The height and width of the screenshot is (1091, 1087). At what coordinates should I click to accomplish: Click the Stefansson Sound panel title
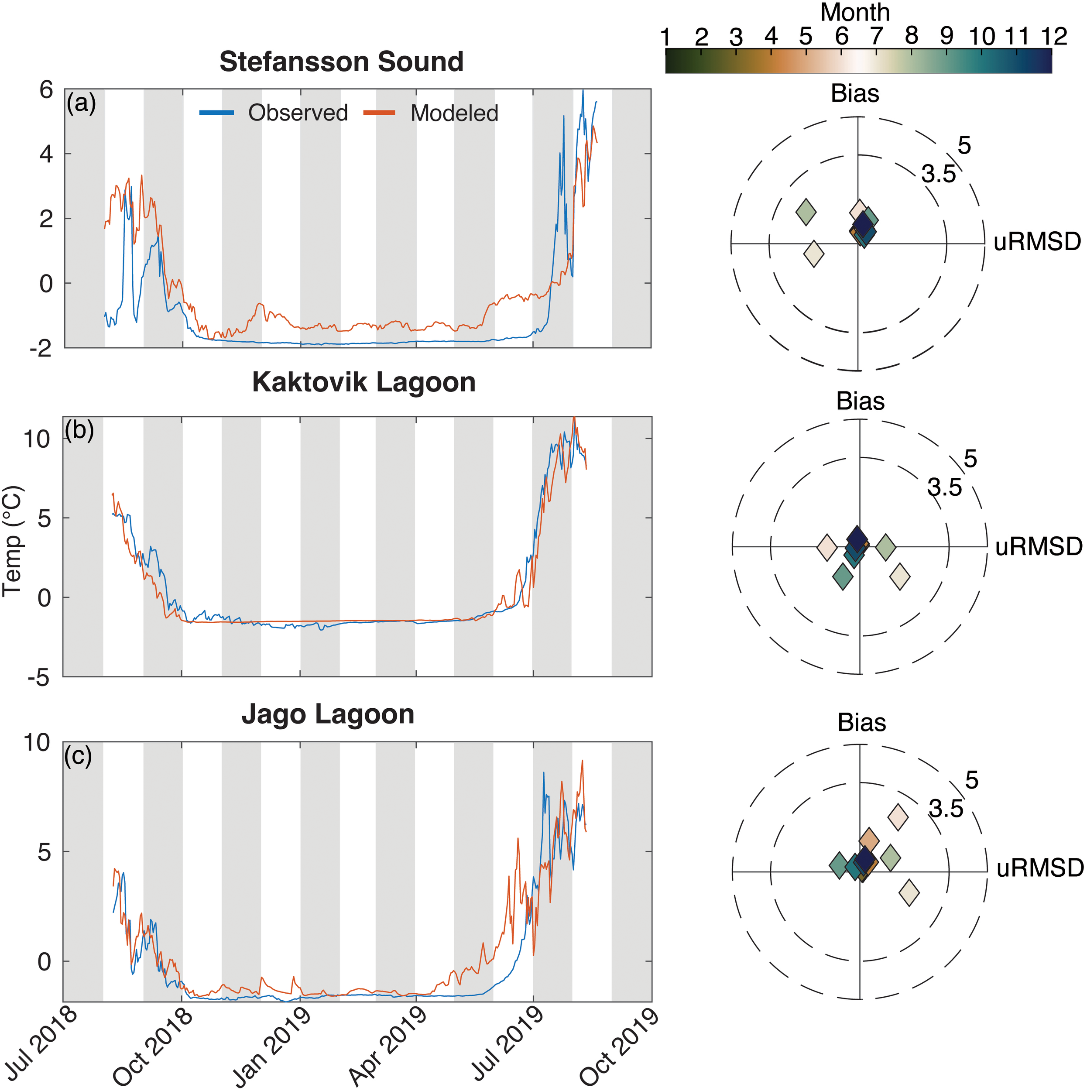(341, 62)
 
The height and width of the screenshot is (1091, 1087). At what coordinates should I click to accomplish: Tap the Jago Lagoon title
(328, 714)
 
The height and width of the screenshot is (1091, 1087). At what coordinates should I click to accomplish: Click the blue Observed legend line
(217, 113)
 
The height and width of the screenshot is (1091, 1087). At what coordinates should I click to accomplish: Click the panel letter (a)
(81, 103)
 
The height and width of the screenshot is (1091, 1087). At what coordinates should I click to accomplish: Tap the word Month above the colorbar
(854, 12)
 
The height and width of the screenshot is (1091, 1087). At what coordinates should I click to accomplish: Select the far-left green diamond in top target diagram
(806, 213)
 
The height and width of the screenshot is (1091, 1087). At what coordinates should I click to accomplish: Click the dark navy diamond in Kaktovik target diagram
(857, 539)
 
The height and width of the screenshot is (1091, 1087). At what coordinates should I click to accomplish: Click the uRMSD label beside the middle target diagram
(1039, 547)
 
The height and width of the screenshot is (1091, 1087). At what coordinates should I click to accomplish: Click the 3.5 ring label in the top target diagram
(939, 175)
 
